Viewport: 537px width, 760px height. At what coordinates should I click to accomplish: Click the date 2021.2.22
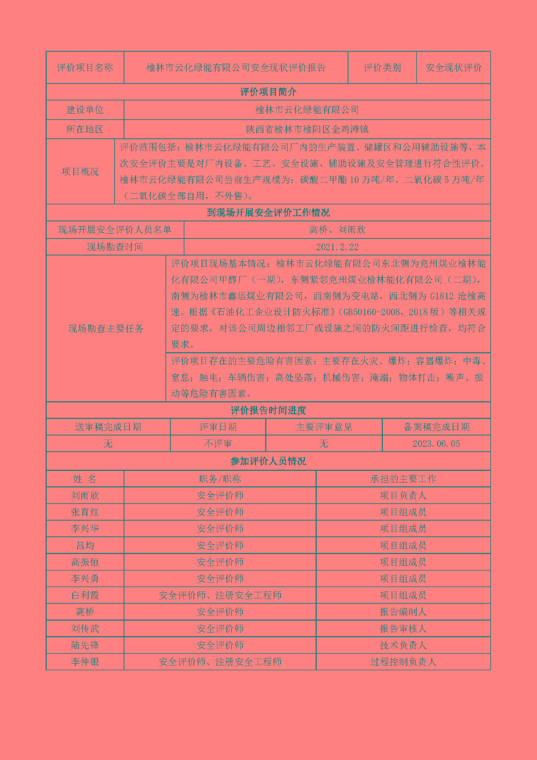click(x=337, y=247)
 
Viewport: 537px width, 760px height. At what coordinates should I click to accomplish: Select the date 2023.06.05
click(x=436, y=444)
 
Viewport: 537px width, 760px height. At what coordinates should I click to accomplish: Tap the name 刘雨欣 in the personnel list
click(x=85, y=495)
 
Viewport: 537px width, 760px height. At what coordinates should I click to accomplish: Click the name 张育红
click(x=85, y=512)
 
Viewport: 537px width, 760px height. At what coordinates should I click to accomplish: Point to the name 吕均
click(x=85, y=545)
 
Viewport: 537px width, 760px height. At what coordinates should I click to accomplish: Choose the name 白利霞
click(x=85, y=595)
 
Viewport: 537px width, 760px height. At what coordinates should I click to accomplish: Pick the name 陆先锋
click(x=85, y=645)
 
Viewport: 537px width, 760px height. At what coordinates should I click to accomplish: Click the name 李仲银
click(x=85, y=662)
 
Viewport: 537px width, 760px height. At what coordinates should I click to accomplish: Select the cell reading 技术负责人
click(x=403, y=645)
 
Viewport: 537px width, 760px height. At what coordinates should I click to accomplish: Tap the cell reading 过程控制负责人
click(x=403, y=662)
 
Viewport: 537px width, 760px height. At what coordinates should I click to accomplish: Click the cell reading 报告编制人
click(x=403, y=612)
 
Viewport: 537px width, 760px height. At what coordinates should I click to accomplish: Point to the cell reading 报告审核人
click(x=403, y=628)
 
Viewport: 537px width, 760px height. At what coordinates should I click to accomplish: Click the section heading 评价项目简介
click(x=268, y=92)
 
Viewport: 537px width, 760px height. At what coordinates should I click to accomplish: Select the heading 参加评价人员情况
click(x=268, y=461)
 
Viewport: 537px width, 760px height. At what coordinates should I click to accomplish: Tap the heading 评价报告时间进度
click(x=268, y=410)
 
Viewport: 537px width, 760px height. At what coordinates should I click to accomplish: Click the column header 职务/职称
click(x=220, y=479)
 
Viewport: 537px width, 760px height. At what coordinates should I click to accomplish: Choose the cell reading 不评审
click(x=218, y=444)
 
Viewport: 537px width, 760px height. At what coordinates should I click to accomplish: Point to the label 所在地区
click(x=85, y=129)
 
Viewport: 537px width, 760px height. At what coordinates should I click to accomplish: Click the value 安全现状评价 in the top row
click(x=453, y=67)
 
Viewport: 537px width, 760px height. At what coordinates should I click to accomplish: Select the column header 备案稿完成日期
click(x=436, y=427)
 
